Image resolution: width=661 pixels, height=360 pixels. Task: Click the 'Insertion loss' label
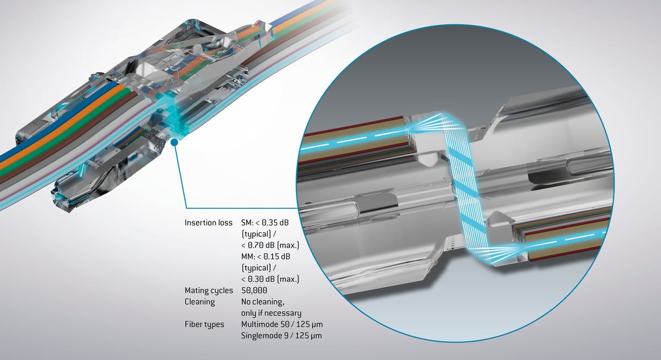[x=209, y=223]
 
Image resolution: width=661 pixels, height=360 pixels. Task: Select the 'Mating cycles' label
[x=209, y=290]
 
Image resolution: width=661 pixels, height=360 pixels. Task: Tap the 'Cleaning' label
[x=200, y=302]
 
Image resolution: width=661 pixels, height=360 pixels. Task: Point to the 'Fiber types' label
[x=204, y=324]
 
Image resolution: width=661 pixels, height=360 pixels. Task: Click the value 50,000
[x=254, y=290]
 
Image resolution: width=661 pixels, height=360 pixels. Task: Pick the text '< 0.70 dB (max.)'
[x=270, y=246]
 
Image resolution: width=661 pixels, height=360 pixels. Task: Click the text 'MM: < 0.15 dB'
[x=269, y=257]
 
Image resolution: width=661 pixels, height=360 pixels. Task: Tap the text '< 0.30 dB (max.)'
[x=270, y=279]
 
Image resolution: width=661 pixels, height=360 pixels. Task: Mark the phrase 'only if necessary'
[x=271, y=313]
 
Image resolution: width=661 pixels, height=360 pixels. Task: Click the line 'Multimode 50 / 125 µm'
[x=286, y=324]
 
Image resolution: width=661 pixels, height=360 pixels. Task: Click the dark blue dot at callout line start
[x=174, y=142]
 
